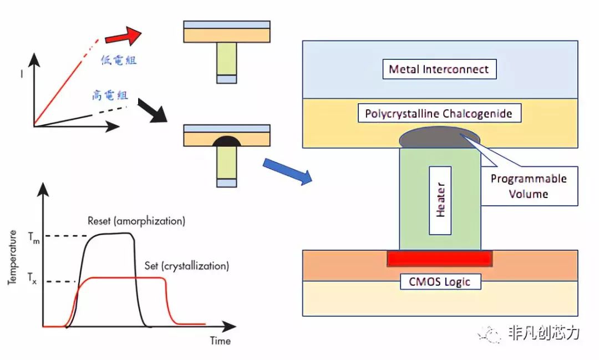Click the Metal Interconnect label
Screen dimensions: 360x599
pyautogui.click(x=439, y=69)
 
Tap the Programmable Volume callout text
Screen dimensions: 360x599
pyautogui.click(x=529, y=186)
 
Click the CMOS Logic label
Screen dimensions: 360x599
pyautogui.click(x=440, y=281)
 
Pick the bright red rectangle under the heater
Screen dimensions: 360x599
pyautogui.click(x=439, y=258)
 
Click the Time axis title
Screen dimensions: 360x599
pyautogui.click(x=220, y=341)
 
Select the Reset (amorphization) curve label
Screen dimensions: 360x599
pyautogui.click(x=136, y=221)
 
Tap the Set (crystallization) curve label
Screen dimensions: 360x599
pyautogui.click(x=186, y=266)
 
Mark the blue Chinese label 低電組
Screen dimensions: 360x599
pyautogui.click(x=118, y=60)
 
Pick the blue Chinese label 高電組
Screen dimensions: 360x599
pyautogui.click(x=110, y=95)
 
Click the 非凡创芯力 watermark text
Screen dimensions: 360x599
pyautogui.click(x=544, y=333)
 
